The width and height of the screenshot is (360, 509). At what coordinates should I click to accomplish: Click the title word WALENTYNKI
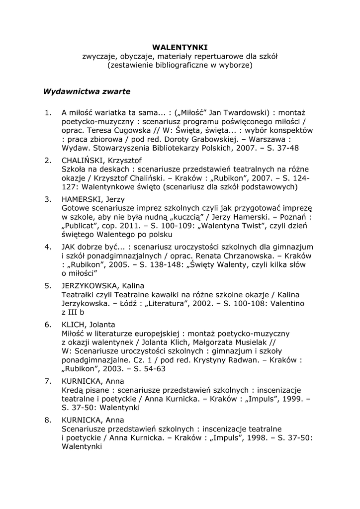tap(180, 47)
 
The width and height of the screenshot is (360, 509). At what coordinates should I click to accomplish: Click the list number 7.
tap(48, 381)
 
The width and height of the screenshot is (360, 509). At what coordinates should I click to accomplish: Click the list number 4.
tap(48, 247)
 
